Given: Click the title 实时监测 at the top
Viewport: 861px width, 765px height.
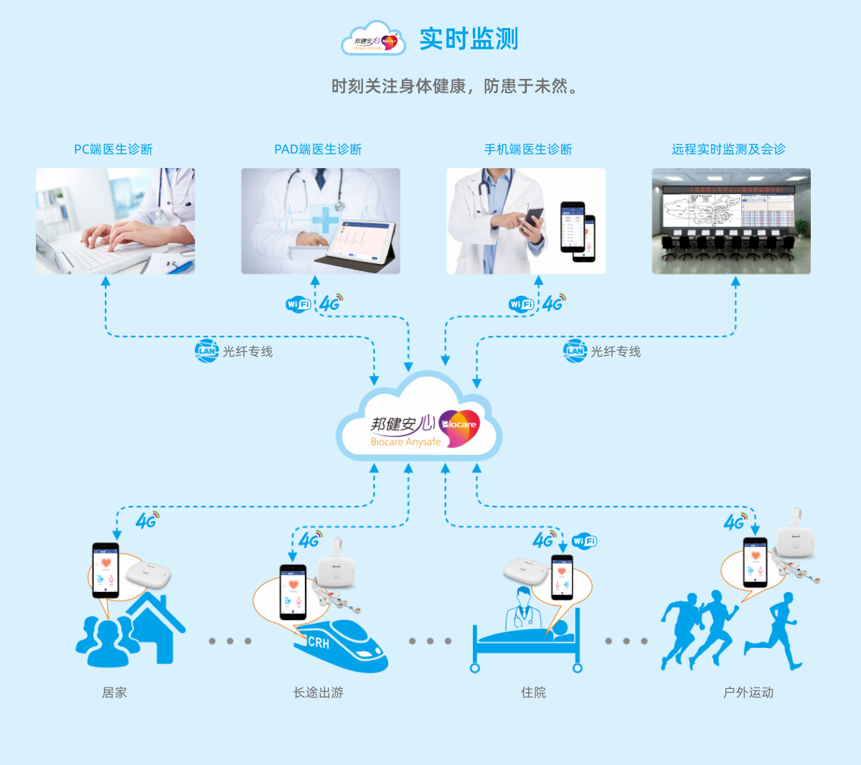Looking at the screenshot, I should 469,39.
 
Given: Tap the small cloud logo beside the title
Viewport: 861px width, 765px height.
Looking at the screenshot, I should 374,39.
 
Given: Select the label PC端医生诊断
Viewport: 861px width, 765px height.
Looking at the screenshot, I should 113,149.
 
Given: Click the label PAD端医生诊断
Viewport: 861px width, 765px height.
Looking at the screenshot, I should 318,149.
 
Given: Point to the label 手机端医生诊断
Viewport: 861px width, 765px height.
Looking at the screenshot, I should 528,149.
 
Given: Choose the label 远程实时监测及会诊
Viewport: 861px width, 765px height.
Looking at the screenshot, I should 728,149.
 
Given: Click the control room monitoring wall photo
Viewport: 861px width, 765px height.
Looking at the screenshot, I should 730,221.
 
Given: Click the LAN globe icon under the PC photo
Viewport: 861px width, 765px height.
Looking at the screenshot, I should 207,351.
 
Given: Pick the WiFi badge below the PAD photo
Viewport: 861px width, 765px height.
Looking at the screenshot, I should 298,304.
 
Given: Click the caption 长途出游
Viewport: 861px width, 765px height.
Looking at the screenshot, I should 318,693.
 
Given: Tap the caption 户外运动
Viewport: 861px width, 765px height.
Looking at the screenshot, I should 748,693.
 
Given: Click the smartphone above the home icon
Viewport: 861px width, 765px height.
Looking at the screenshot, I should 105,571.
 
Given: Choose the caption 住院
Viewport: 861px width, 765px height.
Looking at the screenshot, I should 533,693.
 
